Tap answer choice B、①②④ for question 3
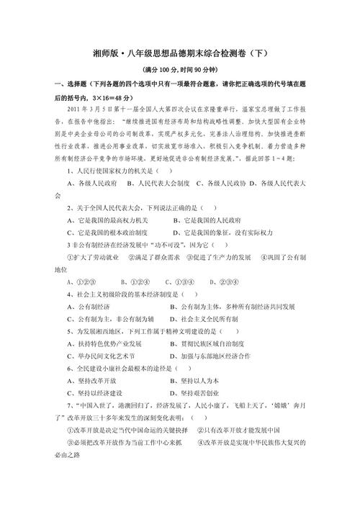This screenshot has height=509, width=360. point(135,281)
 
